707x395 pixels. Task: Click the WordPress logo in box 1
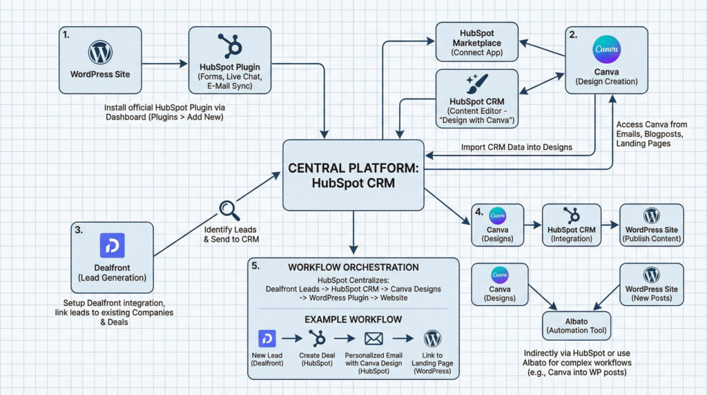pos(100,52)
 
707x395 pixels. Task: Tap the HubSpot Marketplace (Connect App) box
pos(476,41)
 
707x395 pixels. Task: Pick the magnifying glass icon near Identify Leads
pos(229,209)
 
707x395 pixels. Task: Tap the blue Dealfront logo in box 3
pos(111,245)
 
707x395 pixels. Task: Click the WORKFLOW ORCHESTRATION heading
pos(353,267)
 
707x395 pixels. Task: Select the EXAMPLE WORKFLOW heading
pos(353,320)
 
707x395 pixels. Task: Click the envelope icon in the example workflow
pos(374,339)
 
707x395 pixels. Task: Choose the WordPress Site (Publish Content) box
pos(651,225)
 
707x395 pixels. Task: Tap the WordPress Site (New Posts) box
pos(651,283)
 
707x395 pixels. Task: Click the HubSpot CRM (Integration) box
pos(572,225)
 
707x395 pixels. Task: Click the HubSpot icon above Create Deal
pos(318,338)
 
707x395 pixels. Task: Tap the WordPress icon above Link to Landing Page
pos(432,338)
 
